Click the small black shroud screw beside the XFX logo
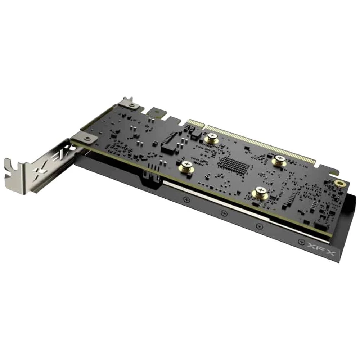pyautogui.click(x=301, y=242)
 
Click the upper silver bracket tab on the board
pyautogui.click(x=129, y=104)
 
